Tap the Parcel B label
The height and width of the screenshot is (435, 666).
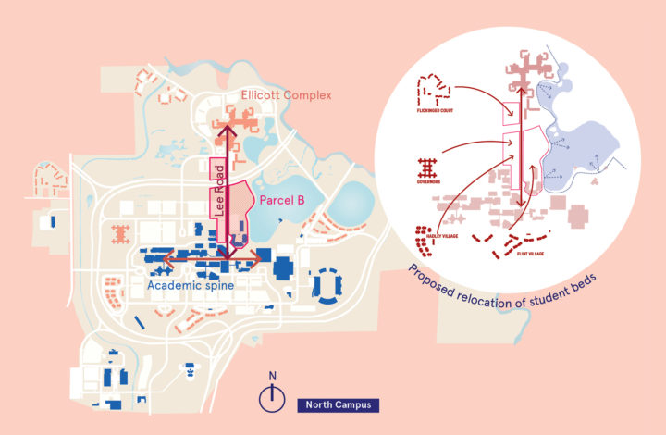[x=283, y=197]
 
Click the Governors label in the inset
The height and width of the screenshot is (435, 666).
[x=428, y=182]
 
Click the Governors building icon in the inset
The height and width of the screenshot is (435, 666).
[x=428, y=168]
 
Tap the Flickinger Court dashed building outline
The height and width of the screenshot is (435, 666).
[x=435, y=90]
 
